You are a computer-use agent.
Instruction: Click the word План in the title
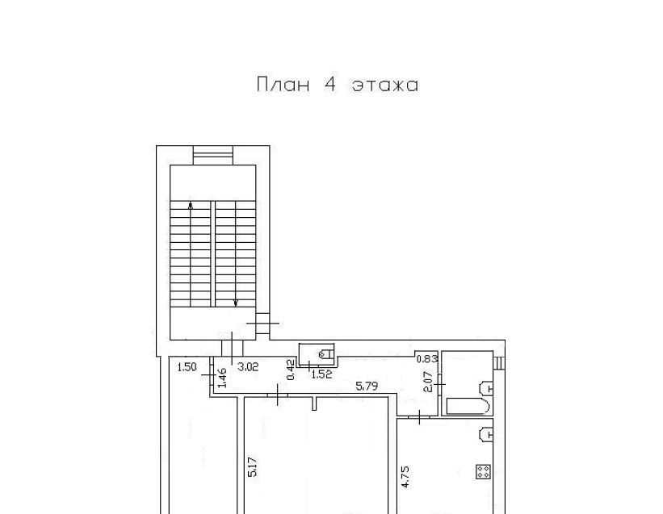click(x=283, y=85)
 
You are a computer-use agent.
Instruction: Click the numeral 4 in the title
click(x=330, y=85)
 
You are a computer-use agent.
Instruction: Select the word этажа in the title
click(x=385, y=86)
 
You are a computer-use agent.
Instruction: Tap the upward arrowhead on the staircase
click(x=191, y=206)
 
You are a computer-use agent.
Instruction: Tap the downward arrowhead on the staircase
click(x=236, y=303)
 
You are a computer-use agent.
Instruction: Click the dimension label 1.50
click(x=187, y=367)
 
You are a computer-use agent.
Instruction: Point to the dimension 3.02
click(x=248, y=367)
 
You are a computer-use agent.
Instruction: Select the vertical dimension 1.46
click(x=222, y=378)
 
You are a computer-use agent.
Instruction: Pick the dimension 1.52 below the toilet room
click(x=321, y=374)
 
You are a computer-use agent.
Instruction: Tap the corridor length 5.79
click(x=367, y=386)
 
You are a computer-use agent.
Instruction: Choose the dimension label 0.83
click(x=426, y=359)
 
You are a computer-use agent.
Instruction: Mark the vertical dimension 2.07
click(x=428, y=382)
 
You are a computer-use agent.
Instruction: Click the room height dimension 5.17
click(x=252, y=467)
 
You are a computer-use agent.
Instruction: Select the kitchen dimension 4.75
click(x=405, y=477)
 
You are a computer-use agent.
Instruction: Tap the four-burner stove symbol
click(x=483, y=471)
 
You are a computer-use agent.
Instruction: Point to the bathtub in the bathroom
click(x=468, y=406)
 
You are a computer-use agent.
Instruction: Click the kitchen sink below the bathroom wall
click(x=486, y=435)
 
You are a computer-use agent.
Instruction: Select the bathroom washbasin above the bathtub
click(x=486, y=387)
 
